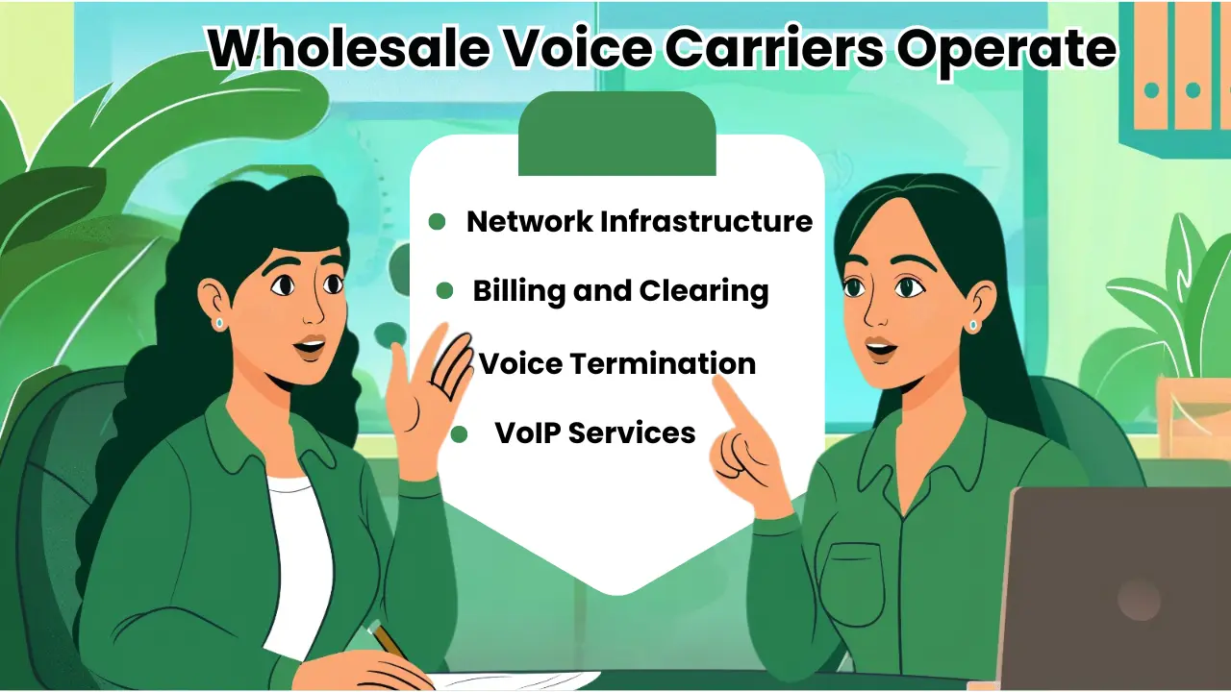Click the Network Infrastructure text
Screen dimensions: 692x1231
[639, 221]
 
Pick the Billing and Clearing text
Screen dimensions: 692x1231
[620, 290]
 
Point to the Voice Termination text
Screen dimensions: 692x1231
[616, 363]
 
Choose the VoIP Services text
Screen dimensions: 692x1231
[594, 432]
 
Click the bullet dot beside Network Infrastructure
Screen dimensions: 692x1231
[437, 222]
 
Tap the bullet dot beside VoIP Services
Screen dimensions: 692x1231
[459, 434]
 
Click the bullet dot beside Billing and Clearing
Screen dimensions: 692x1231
[444, 290]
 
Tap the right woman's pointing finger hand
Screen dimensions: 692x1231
[745, 442]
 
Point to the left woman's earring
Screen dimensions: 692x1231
[219, 323]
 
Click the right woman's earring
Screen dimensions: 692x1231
[973, 325]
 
